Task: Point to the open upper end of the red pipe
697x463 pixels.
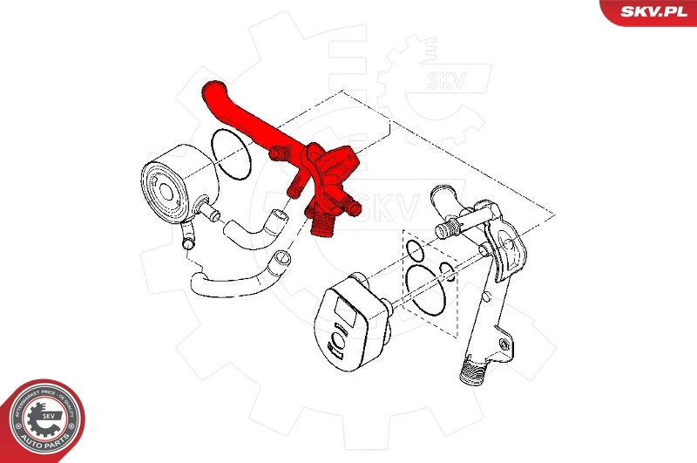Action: click(x=211, y=87)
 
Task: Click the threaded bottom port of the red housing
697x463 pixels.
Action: click(x=320, y=226)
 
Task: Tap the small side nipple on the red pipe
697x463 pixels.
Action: click(x=279, y=154)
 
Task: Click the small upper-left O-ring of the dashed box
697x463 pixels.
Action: click(x=416, y=252)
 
